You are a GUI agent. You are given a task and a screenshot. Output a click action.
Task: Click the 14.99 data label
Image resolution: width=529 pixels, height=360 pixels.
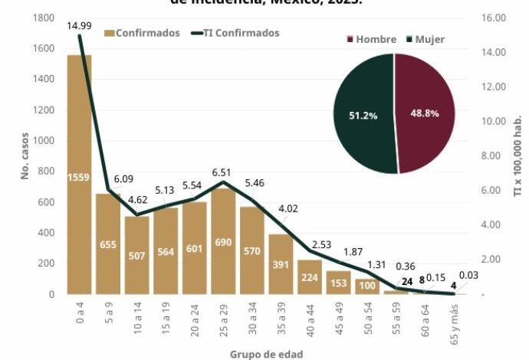point(80,26)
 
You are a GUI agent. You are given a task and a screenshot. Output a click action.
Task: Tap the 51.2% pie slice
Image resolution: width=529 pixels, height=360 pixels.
point(364,115)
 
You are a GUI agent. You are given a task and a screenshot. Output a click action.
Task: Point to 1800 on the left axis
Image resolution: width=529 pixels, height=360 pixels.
point(44,18)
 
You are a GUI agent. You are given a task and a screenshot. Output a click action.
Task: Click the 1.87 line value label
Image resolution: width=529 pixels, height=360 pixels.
point(353,252)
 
